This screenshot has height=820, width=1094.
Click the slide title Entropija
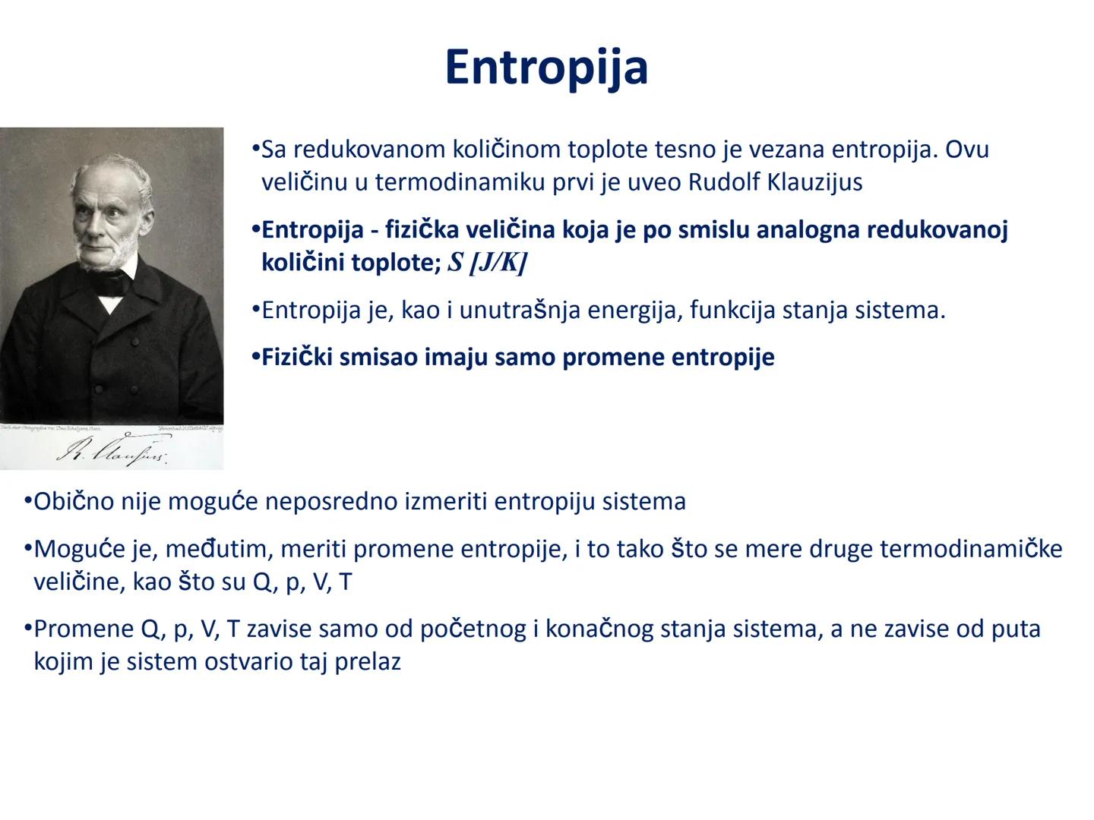[x=546, y=67]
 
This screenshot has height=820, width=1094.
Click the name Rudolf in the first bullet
[x=726, y=182]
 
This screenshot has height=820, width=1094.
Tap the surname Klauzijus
[x=815, y=182]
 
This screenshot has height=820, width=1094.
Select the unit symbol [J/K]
[x=498, y=263]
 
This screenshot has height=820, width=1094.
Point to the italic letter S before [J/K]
[x=456, y=263]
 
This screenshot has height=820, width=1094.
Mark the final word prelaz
[x=367, y=661]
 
